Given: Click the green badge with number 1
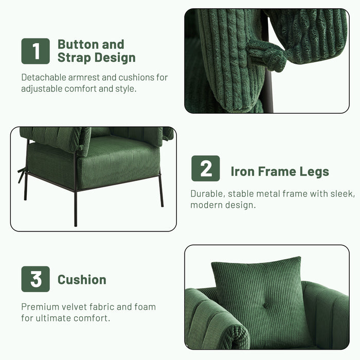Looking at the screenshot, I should point(35,51).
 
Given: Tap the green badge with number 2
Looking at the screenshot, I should point(206,168).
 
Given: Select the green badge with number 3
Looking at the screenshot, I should point(35,279).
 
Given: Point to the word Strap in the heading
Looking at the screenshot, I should point(74,58).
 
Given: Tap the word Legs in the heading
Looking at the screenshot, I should point(312,171).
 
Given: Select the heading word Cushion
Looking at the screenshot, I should point(82,280).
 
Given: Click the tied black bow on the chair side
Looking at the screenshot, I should point(22,173).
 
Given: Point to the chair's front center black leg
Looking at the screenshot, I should point(75,206).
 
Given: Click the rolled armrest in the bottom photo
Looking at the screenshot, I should point(216,319).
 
